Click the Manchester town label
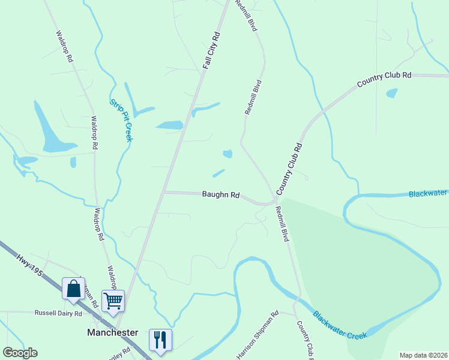click(x=113, y=332)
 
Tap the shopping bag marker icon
click(x=73, y=289)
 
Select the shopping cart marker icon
click(x=113, y=300)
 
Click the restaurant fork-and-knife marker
click(x=160, y=340)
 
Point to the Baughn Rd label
click(x=221, y=195)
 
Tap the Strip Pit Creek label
click(x=120, y=120)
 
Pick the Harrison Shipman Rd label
click(x=258, y=335)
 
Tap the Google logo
click(x=20, y=353)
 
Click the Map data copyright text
click(x=423, y=355)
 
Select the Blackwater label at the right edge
click(x=428, y=193)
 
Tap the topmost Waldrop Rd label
click(x=64, y=47)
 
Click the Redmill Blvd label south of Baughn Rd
click(x=282, y=224)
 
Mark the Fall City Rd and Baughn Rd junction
click(x=164, y=192)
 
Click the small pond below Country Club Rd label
click(x=392, y=93)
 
